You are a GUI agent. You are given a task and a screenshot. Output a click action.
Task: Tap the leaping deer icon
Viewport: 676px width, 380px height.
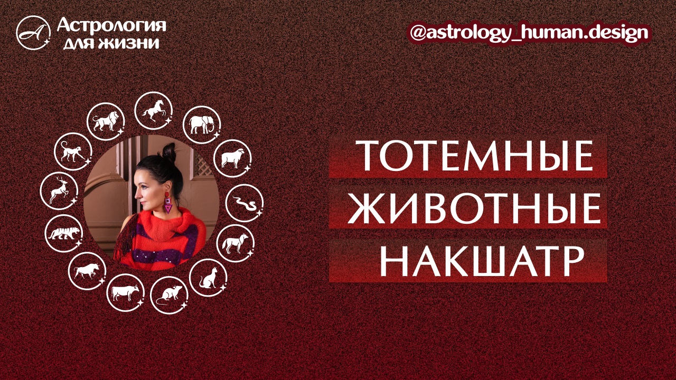[58, 189]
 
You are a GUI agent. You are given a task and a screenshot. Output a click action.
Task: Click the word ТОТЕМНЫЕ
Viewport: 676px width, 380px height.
[467, 156]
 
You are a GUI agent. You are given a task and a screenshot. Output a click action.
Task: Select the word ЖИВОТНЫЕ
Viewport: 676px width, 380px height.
[467, 208]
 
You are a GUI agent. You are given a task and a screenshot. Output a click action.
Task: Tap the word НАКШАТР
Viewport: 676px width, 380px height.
[467, 260]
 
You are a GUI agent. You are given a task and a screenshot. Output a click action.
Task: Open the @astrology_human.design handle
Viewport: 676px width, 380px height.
[529, 33]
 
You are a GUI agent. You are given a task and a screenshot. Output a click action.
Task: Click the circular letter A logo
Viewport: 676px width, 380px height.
[33, 33]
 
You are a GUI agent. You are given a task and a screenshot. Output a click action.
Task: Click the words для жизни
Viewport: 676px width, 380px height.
[111, 42]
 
